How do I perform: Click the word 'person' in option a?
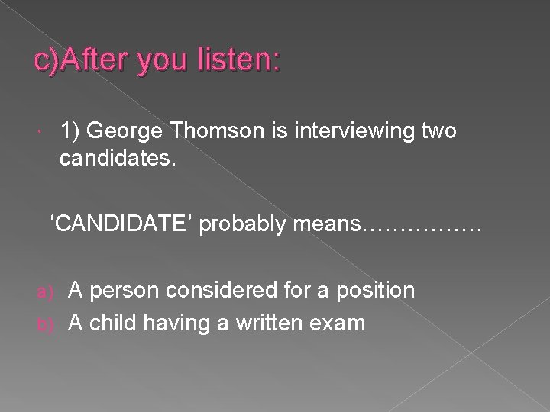click(x=121, y=291)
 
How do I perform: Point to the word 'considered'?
click(x=216, y=290)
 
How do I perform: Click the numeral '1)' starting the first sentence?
click(x=70, y=130)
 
